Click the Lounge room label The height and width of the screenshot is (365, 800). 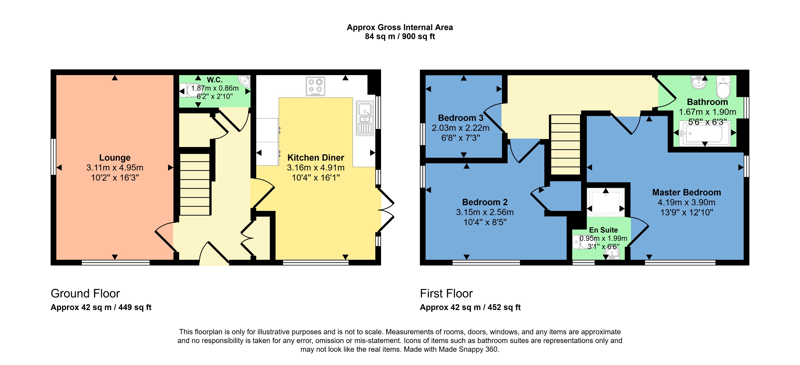[x=115, y=158]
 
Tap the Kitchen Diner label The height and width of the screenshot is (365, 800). [x=315, y=158]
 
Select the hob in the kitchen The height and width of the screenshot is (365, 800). [x=315, y=86]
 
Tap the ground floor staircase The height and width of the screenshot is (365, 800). [x=195, y=184]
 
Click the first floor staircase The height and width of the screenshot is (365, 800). [x=565, y=144]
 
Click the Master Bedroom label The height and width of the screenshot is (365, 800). [x=686, y=192]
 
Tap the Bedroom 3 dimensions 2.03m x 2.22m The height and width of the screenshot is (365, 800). [x=461, y=128]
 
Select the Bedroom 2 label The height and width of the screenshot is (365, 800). [x=485, y=202]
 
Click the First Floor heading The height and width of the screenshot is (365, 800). [x=446, y=293]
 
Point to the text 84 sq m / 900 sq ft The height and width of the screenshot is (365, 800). [x=400, y=37]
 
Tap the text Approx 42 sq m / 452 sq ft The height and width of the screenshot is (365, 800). [x=470, y=307]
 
